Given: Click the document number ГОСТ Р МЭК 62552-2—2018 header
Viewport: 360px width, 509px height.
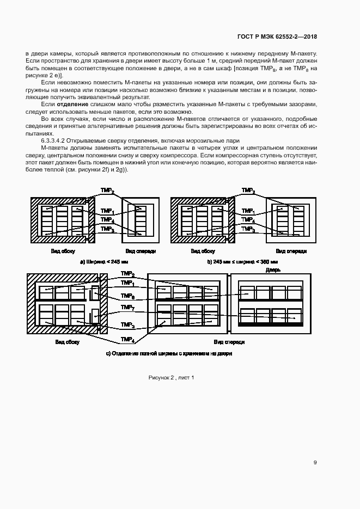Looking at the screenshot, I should point(277,36).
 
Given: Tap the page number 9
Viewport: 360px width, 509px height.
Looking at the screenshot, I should point(315,463).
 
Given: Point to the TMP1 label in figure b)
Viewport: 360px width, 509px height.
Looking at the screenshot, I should point(248,211).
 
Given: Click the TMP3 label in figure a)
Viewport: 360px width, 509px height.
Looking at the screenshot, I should point(107,230).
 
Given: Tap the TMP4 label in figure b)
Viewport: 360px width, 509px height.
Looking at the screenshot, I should point(248,220).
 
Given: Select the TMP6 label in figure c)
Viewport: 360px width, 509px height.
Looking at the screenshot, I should point(127,296).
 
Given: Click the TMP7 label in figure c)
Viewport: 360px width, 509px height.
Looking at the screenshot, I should point(127,308).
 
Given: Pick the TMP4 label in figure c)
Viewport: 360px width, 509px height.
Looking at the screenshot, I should point(127,340).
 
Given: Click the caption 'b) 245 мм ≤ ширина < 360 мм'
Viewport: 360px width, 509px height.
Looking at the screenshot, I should point(242,262).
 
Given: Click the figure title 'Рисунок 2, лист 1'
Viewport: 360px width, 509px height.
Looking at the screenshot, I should point(171,377).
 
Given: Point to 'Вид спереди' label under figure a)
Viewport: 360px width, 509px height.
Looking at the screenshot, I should point(141,251).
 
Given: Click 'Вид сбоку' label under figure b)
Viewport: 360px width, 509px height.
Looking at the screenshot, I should point(203,251).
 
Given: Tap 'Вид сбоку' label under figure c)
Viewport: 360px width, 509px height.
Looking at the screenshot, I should point(67,342).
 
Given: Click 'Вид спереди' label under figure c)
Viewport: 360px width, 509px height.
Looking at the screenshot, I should point(229,342).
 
